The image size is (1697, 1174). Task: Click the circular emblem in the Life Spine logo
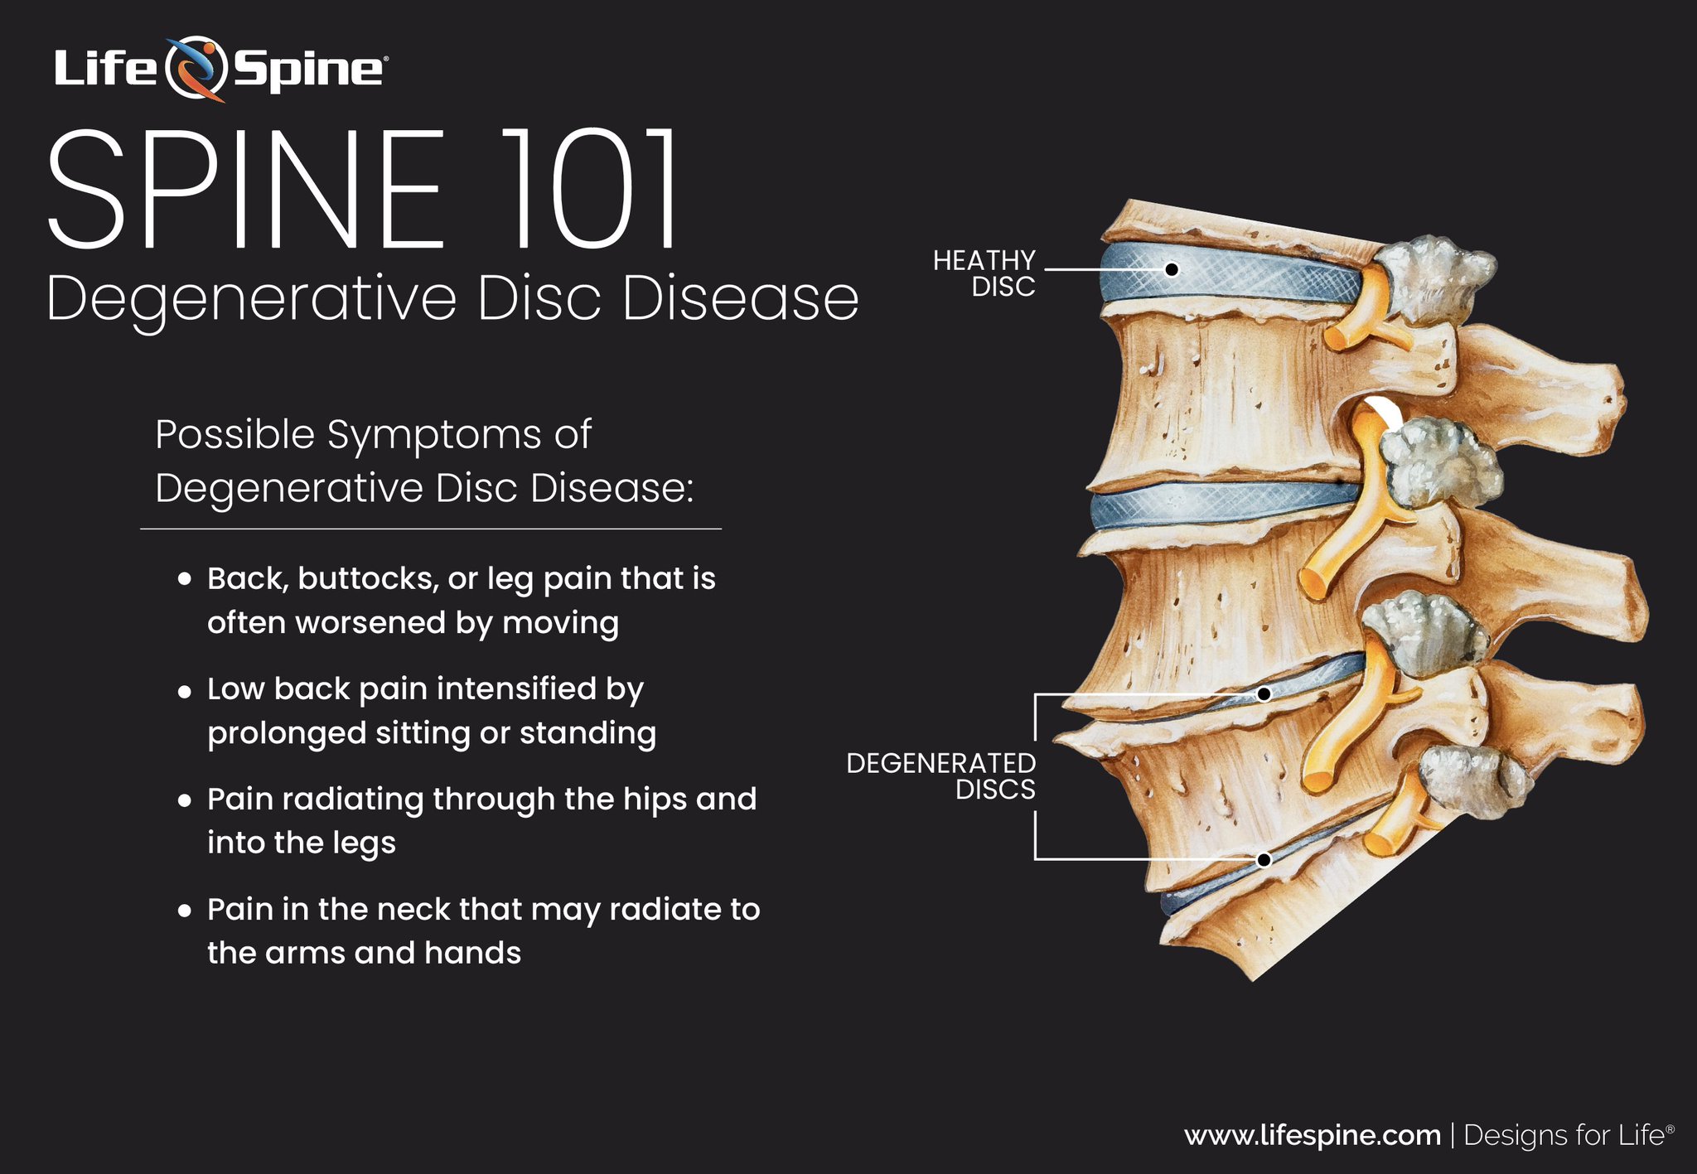click(196, 68)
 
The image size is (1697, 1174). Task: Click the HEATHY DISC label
click(984, 273)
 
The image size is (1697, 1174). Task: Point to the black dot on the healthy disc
click(1172, 269)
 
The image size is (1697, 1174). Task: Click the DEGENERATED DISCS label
click(941, 776)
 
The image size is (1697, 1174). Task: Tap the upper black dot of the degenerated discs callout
click(1264, 694)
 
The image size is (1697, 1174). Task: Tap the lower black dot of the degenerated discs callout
click(1264, 860)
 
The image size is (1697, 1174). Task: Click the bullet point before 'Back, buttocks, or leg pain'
click(185, 579)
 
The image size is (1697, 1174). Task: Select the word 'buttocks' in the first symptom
click(367, 579)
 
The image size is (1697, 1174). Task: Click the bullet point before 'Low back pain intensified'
click(185, 690)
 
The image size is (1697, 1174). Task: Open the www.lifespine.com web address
click(1312, 1135)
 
